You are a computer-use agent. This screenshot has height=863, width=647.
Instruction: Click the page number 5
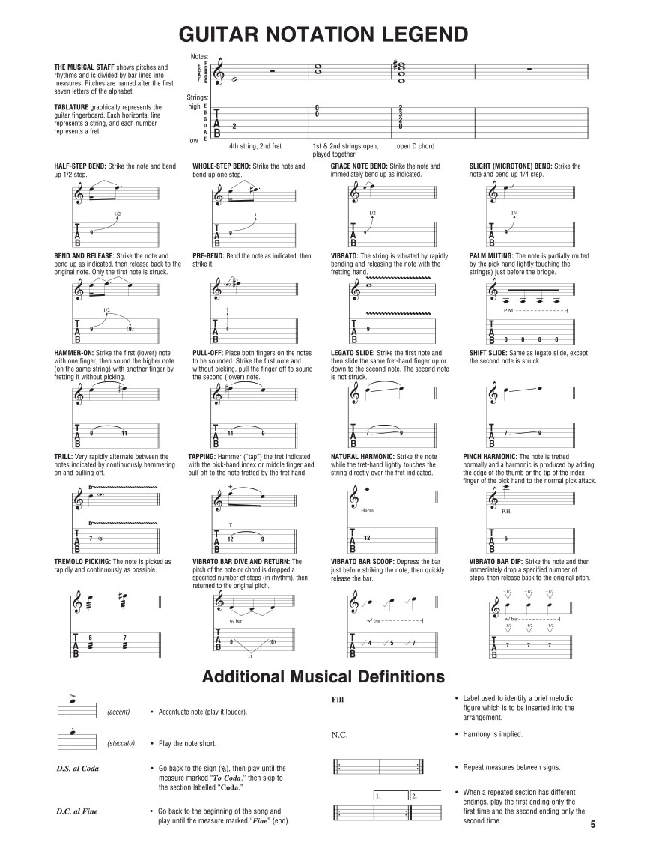pyautogui.click(x=592, y=825)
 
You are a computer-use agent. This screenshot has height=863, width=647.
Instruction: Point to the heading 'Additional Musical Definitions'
pyautogui.click(x=323, y=676)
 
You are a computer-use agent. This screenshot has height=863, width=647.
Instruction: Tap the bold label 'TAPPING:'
pyautogui.click(x=207, y=455)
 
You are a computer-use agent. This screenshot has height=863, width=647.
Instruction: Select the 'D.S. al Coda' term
pyautogui.click(x=77, y=768)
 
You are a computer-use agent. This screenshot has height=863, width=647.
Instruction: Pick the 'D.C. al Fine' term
pyautogui.click(x=76, y=811)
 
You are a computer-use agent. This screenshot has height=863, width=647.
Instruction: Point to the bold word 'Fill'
pyautogui.click(x=337, y=699)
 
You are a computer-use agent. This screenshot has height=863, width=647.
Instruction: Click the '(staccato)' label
pyautogui.click(x=121, y=743)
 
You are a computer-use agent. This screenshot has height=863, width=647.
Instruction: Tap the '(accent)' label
pyautogui.click(x=119, y=711)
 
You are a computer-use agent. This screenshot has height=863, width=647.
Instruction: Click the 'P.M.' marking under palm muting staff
pyautogui.click(x=509, y=310)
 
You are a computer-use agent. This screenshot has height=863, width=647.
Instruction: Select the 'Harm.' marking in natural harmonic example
pyautogui.click(x=368, y=511)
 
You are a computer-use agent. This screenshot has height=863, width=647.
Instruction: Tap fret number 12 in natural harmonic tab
pyautogui.click(x=367, y=538)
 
